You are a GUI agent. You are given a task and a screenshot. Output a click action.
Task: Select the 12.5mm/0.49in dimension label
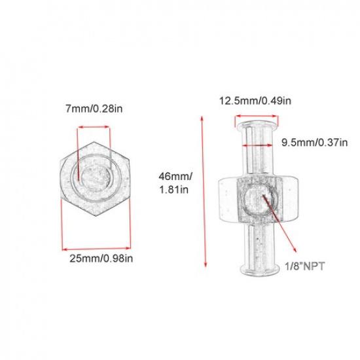tap(255, 101)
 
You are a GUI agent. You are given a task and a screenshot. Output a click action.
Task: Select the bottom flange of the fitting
tap(257, 268)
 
